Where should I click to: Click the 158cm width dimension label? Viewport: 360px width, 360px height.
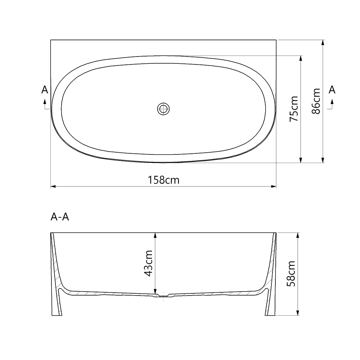(x=163, y=180)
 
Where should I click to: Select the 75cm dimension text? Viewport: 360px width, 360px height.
(x=294, y=108)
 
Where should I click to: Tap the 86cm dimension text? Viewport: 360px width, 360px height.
(x=316, y=101)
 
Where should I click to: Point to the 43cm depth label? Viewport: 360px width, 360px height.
(x=148, y=263)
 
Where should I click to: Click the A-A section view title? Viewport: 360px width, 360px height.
(x=60, y=217)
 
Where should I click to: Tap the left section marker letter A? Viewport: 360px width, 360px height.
(x=45, y=90)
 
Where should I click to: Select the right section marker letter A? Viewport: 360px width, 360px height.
(x=332, y=90)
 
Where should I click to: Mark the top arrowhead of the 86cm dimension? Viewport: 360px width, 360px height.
(x=323, y=42)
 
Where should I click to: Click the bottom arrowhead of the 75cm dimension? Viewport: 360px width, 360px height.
(x=301, y=160)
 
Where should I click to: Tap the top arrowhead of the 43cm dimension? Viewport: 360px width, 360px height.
(x=155, y=235)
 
